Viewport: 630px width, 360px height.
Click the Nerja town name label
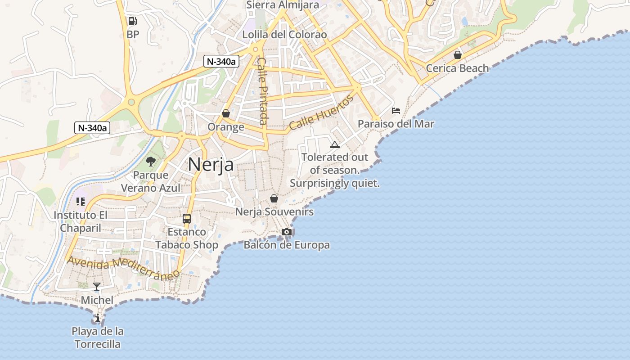(211, 165)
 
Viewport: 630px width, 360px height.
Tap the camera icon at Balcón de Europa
(287, 232)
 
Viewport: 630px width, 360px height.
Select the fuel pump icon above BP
(132, 21)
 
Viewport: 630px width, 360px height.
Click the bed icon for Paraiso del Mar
(396, 111)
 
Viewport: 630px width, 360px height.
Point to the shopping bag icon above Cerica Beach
(458, 55)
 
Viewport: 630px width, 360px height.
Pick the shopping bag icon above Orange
(226, 113)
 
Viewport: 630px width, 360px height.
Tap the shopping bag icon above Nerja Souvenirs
(274, 198)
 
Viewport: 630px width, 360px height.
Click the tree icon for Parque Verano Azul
(151, 162)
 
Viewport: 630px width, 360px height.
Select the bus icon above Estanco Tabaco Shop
(186, 219)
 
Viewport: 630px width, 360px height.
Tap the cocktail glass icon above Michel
(97, 287)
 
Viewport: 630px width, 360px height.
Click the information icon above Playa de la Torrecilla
(98, 318)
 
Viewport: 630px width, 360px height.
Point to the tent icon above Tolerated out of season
(334, 144)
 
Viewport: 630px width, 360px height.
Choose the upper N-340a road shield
(221, 62)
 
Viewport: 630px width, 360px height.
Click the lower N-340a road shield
(92, 128)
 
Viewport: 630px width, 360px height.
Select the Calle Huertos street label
(321, 112)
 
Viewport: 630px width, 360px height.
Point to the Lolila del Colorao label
(284, 35)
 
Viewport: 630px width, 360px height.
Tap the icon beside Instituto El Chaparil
(81, 202)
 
